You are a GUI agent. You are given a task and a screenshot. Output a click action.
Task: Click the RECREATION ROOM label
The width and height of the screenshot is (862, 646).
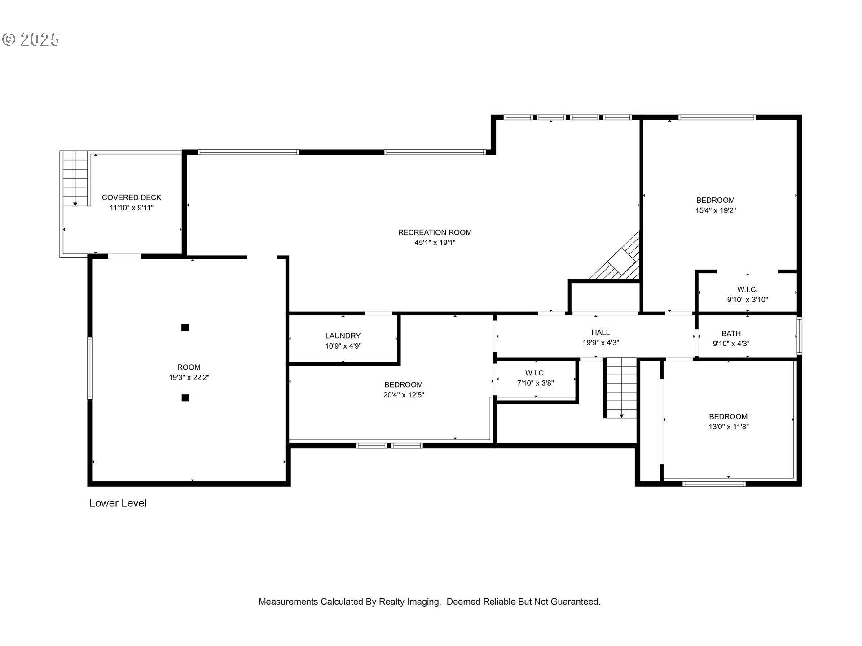pyautogui.click(x=435, y=232)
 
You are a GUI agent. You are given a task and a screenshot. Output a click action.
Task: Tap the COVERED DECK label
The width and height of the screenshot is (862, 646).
pyautogui.click(x=132, y=197)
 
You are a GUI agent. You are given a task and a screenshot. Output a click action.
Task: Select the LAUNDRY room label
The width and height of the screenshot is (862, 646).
pyautogui.click(x=343, y=336)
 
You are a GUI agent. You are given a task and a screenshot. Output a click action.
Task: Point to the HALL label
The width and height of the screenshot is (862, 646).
pyautogui.click(x=601, y=332)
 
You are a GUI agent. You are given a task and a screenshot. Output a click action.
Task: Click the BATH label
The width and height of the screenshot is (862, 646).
pyautogui.click(x=731, y=333)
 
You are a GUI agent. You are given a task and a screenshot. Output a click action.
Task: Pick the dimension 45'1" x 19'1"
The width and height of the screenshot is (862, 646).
pyautogui.click(x=435, y=243)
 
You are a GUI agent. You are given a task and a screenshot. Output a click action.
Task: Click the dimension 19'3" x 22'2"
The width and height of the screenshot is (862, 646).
pyautogui.click(x=189, y=378)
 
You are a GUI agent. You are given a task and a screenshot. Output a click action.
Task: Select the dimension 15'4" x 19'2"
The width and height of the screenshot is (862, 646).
pyautogui.click(x=716, y=210)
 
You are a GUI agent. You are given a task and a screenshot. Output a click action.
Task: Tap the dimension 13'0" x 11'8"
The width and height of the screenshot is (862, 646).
pyautogui.click(x=728, y=427)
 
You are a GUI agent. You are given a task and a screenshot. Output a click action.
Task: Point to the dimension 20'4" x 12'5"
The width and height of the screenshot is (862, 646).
pyautogui.click(x=404, y=395)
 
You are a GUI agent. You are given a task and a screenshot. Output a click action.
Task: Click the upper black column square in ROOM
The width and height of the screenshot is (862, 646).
pyautogui.click(x=185, y=327)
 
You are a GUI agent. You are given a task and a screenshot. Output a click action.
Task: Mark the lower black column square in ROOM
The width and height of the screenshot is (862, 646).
pyautogui.click(x=185, y=397)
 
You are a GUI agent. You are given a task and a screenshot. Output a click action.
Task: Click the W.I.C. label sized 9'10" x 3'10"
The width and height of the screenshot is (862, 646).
pyautogui.click(x=748, y=289)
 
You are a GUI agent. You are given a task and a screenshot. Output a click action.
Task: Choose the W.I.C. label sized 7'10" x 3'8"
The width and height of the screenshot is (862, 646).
pyautogui.click(x=535, y=373)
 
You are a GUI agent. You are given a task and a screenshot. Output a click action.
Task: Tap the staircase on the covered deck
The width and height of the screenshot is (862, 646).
pyautogui.click(x=75, y=179)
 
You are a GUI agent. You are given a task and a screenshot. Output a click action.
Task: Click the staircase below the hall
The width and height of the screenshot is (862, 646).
pyautogui.click(x=621, y=388)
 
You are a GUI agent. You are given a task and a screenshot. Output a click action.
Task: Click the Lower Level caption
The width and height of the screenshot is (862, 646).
pyautogui.click(x=118, y=503)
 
